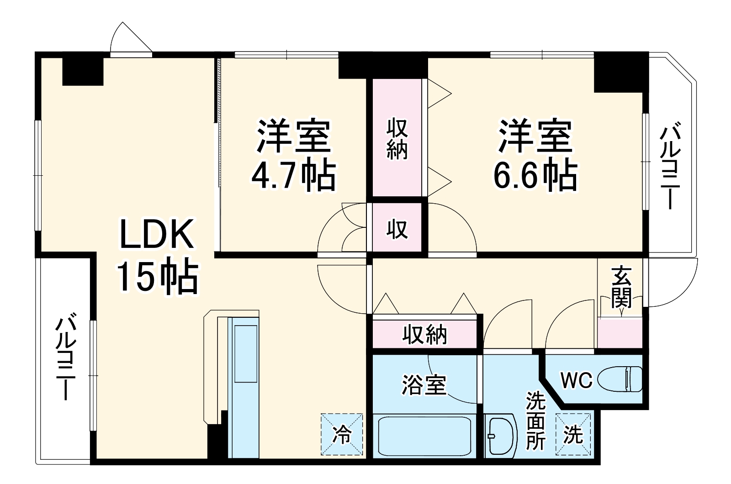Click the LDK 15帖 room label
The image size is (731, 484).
click(157, 256)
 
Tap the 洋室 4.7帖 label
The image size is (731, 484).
click(294, 155)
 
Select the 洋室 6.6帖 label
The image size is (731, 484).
click(535, 155)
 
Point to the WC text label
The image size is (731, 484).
click(576, 380)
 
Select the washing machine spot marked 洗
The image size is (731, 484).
click(573, 434)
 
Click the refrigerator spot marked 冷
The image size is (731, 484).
click(342, 434)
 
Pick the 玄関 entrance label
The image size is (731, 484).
click(621, 287)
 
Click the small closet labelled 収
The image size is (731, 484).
click(397, 228)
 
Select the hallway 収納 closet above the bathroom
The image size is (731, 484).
click(424, 335)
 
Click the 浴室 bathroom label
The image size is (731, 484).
click(424, 384)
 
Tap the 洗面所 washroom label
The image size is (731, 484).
click(535, 420)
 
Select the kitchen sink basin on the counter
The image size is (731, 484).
click(245, 353)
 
